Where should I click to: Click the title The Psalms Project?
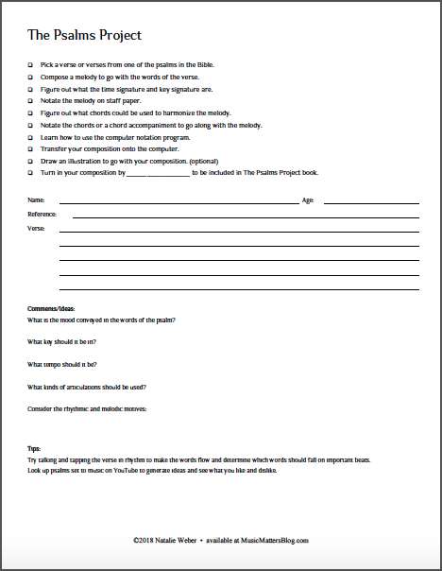click(x=85, y=36)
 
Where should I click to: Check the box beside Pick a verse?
click(x=30, y=64)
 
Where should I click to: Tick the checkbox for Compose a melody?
click(x=30, y=77)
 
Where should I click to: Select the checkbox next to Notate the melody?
click(x=30, y=100)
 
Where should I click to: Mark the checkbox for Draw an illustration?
click(x=30, y=162)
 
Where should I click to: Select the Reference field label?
click(x=42, y=215)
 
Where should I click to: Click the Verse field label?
click(x=36, y=229)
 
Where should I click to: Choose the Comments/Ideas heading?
click(x=51, y=309)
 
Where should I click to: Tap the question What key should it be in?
click(x=61, y=342)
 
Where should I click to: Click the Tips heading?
click(x=34, y=449)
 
